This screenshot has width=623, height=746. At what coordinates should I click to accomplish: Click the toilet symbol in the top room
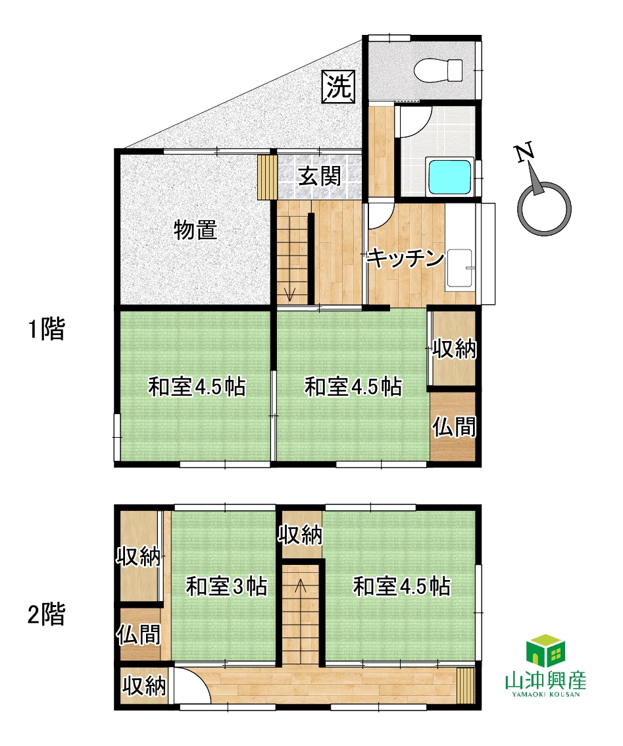(438, 70)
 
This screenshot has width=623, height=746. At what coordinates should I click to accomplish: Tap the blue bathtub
(450, 176)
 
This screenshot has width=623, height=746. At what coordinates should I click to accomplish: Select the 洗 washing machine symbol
(339, 86)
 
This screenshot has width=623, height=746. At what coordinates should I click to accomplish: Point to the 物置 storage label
(195, 230)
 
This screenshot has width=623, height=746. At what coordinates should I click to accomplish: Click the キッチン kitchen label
(406, 258)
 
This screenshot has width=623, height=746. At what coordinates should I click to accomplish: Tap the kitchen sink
(460, 269)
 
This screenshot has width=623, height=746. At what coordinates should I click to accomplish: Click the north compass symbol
(544, 207)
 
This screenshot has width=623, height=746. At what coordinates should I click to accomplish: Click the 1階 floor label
(47, 329)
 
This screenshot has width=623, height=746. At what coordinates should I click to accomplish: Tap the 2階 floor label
(46, 614)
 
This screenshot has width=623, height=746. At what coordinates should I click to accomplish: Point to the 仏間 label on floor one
(454, 426)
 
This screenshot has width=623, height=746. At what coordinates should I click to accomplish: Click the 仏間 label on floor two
(139, 634)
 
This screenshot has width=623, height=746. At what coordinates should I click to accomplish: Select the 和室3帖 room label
(226, 586)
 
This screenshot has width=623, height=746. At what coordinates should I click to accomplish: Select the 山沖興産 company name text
(545, 680)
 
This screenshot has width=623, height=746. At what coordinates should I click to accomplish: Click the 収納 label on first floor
(454, 350)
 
